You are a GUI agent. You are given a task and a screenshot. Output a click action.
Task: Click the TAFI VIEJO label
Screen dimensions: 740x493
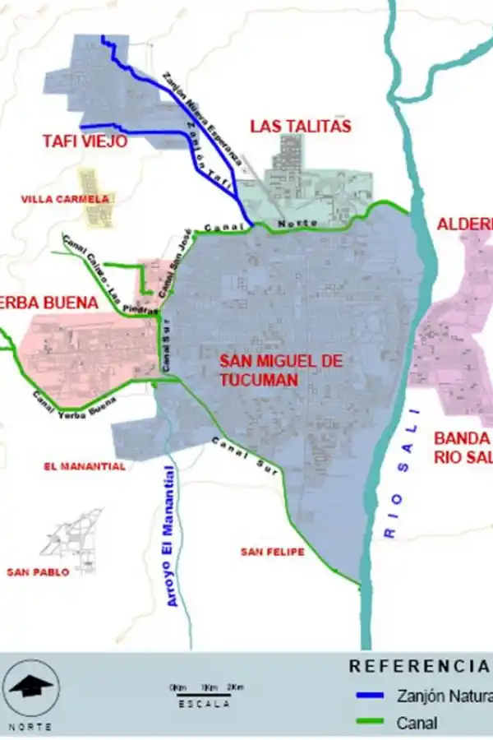click(85, 141)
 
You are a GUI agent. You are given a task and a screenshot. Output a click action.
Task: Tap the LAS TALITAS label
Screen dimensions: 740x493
click(301, 126)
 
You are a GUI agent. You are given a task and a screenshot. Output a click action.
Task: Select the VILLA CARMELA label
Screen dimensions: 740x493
click(65, 199)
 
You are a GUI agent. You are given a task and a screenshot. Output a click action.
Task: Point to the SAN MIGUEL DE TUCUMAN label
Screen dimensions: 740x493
click(270, 370)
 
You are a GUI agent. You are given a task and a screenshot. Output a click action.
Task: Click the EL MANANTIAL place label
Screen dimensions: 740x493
click(85, 466)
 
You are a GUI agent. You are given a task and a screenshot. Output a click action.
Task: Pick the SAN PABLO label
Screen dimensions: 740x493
click(38, 572)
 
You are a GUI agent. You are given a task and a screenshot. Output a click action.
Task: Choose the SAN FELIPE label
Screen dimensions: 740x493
click(273, 552)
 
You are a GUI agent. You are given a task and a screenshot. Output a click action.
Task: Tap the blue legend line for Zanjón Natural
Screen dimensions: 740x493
click(370, 696)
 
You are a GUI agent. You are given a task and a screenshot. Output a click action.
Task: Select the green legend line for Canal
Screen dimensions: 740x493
click(370, 724)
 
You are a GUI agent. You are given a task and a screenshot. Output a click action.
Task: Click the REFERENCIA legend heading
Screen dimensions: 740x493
click(419, 666)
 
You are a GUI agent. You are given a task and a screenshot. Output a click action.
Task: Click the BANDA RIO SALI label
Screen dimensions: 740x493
click(463, 447)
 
